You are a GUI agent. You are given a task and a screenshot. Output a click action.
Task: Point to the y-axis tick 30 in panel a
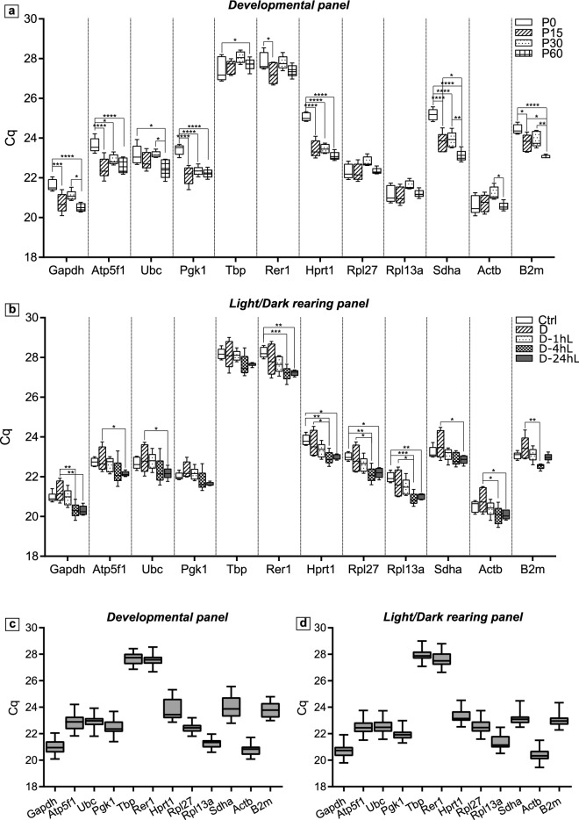(31, 18)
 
